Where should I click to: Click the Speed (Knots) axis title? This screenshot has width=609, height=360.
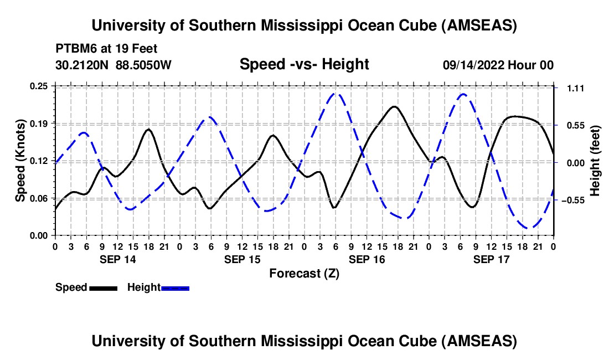(x=20, y=161)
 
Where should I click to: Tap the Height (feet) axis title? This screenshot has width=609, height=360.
(x=595, y=161)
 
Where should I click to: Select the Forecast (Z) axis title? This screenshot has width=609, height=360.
(x=304, y=273)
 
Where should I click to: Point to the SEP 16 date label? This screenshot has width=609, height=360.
(x=366, y=259)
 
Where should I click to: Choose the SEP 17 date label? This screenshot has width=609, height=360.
(x=491, y=259)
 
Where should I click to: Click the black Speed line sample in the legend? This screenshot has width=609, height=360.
(x=103, y=288)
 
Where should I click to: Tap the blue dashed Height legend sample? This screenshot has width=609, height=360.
(x=176, y=288)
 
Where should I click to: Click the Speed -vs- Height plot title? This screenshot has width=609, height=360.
(x=304, y=65)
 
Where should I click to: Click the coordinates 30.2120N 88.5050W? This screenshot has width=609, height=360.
(x=113, y=65)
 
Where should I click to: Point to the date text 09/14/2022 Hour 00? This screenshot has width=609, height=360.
(x=498, y=65)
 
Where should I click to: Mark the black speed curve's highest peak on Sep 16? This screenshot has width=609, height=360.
(x=394, y=106)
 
